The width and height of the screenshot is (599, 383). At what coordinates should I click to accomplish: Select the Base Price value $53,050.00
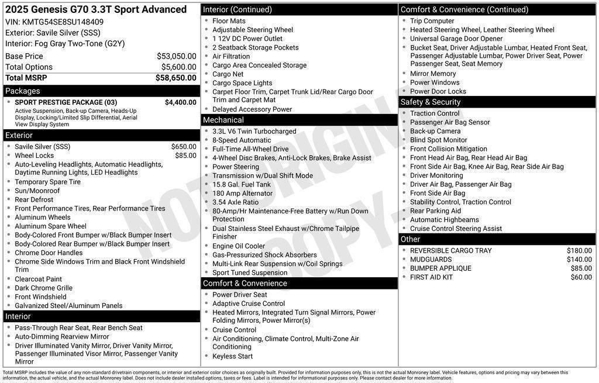(176, 56)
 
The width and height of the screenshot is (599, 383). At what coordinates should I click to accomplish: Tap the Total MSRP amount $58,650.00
(175, 78)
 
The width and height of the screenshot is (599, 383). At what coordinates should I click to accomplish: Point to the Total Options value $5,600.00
(178, 67)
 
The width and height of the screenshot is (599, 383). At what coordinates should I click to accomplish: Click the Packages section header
(23, 91)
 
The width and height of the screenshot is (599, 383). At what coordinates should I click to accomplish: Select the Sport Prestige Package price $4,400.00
(180, 102)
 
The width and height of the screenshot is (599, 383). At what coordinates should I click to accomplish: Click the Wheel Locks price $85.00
(185, 156)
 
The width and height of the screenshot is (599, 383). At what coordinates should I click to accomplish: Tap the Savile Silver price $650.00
(184, 147)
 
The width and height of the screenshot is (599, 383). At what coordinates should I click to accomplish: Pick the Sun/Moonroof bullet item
(37, 191)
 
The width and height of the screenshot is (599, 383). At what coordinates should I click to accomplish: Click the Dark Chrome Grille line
(43, 288)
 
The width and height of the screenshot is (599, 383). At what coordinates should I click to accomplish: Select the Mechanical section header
(223, 120)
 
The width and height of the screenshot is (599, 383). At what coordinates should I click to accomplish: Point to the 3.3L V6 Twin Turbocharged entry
(254, 132)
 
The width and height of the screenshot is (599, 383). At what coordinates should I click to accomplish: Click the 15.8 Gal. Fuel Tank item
(241, 184)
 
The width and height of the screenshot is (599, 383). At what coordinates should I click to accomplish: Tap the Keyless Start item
(232, 356)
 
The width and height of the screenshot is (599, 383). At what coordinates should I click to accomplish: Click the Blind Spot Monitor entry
(438, 140)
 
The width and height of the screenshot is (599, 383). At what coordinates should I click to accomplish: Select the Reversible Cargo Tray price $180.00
(579, 251)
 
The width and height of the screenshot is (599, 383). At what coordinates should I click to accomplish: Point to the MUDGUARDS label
(431, 260)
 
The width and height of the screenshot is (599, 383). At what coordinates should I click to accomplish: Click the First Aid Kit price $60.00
(581, 277)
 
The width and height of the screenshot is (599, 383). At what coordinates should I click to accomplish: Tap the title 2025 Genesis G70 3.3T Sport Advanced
(96, 9)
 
